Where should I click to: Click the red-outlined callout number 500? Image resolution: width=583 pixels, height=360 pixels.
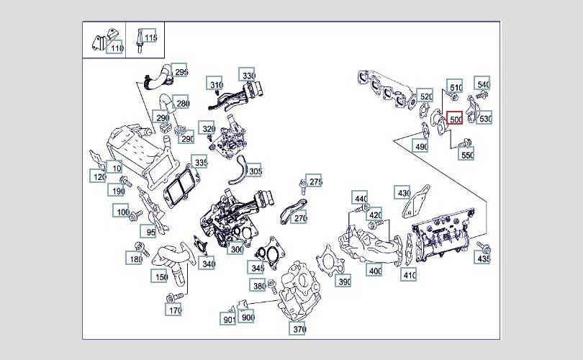tap(455, 120)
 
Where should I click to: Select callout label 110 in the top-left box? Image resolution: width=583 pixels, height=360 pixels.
tap(117, 48)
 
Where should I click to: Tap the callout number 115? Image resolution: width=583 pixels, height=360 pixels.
tap(150, 37)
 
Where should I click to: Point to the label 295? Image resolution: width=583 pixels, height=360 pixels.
tap(181, 73)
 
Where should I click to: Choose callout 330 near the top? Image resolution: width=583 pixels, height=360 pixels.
tap(248, 76)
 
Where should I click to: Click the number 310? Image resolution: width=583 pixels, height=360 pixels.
tap(216, 85)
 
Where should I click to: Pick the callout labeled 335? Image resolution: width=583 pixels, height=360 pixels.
tap(201, 163)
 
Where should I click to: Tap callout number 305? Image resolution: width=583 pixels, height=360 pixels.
tap(255, 171)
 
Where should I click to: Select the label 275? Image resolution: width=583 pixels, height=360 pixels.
tap(315, 181)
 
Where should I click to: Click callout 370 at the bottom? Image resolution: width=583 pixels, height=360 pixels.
tap(299, 329)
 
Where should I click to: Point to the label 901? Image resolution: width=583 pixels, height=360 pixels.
tap(229, 318)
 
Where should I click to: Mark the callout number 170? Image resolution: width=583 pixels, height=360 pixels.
tap(174, 310)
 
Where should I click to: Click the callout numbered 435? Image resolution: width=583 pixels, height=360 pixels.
tap(484, 258)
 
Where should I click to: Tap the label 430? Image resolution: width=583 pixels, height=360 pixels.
tap(403, 193)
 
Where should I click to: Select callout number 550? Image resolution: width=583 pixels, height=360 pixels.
tap(467, 155)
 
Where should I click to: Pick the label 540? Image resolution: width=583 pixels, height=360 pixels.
tap(483, 85)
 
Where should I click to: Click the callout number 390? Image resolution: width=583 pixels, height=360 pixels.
tap(344, 282)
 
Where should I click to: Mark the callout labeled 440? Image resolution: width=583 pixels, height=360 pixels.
tap(361, 199)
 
